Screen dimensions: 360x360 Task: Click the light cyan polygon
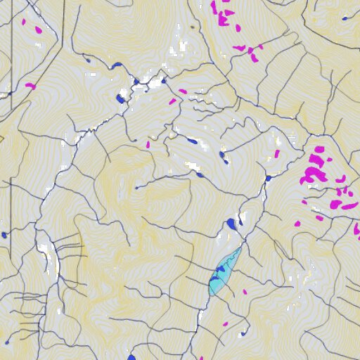click(224, 273)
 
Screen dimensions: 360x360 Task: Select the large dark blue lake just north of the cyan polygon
click(231, 224)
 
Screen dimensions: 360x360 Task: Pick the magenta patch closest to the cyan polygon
click(245, 292)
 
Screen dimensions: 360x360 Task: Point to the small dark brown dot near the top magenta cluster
click(191, 26)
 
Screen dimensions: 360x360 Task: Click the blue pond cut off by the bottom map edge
click(131, 357)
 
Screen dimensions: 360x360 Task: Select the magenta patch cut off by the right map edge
click(357, 229)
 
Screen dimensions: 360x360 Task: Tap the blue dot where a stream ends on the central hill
click(136, 188)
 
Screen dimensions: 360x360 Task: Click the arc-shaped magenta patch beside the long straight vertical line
click(30, 86)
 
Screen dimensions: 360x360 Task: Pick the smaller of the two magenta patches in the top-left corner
click(22, 21)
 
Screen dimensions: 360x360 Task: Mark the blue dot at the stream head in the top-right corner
click(345, 18)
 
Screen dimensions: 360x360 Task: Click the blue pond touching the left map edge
click(4, 235)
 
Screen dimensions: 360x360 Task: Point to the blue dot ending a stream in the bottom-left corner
click(7, 342)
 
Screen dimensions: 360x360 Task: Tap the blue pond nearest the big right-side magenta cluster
click(268, 179)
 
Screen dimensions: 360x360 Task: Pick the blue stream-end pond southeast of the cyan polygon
click(244, 333)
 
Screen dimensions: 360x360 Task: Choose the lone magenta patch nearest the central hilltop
click(148, 145)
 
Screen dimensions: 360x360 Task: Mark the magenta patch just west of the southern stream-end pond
click(225, 324)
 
